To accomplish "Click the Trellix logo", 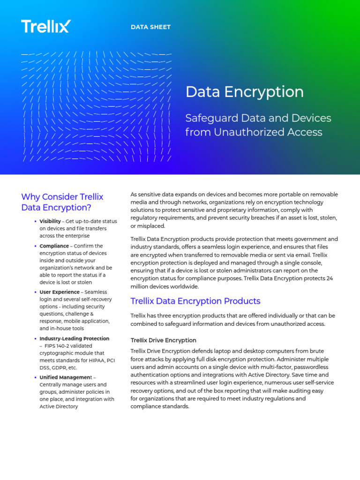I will point(45,26).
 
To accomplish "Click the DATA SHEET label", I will point(150,27).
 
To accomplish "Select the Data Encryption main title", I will point(244,92).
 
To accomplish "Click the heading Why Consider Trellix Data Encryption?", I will point(62,202).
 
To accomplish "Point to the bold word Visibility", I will point(50,221).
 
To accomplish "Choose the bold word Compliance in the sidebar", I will point(54,246).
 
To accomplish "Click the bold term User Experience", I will point(60,292).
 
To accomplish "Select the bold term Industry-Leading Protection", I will point(74,338).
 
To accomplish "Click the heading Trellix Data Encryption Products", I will point(195,301).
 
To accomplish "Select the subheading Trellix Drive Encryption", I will point(163,340).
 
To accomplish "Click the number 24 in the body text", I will point(330,278).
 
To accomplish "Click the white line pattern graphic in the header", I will point(96,107).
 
